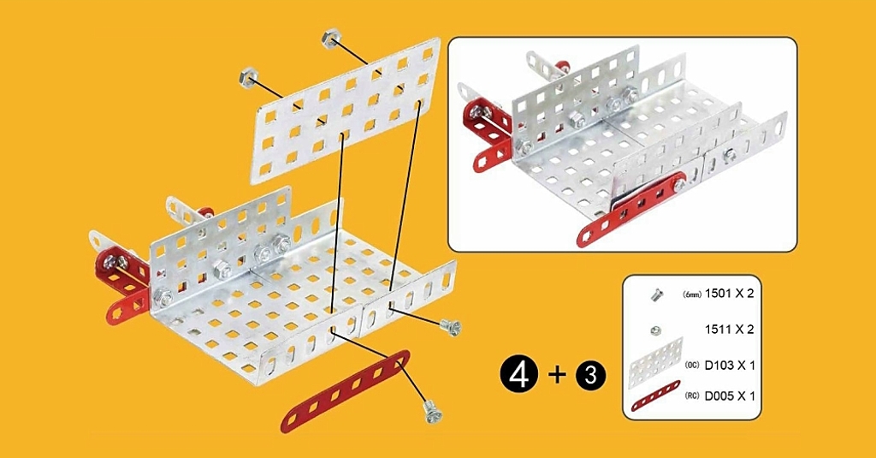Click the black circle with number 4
click(x=519, y=375)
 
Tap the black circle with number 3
click(x=589, y=375)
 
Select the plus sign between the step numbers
click(x=556, y=375)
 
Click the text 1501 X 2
click(x=729, y=293)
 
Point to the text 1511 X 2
click(x=729, y=329)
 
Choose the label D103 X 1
click(x=729, y=366)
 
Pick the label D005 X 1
click(x=729, y=396)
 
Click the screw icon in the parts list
click(x=656, y=294)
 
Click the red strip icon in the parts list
click(x=656, y=396)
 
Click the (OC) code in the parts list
click(x=692, y=366)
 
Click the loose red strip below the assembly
click(x=346, y=391)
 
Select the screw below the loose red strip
click(x=432, y=413)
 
